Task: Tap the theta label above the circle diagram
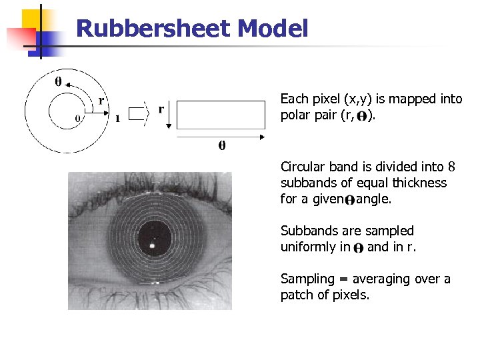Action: (x=58, y=82)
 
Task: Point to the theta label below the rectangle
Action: (x=222, y=145)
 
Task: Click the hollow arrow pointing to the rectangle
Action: (x=139, y=113)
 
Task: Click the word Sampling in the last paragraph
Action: (x=306, y=279)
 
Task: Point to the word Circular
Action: (x=304, y=167)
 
